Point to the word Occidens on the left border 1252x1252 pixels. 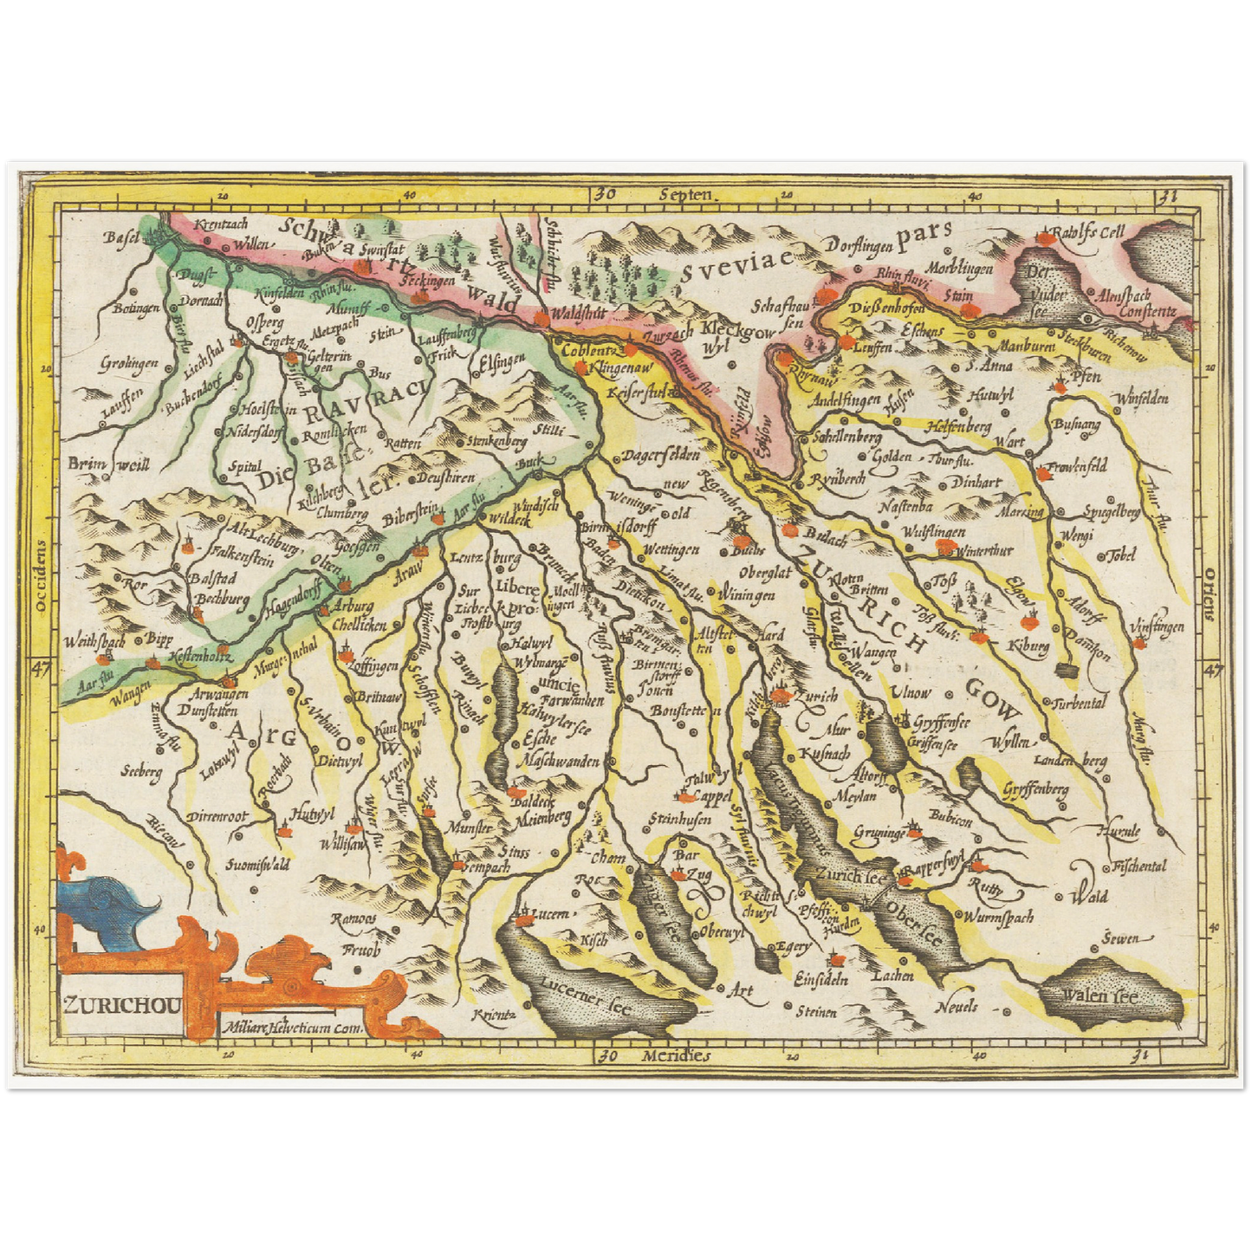[40, 577]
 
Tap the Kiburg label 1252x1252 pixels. [1028, 645]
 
